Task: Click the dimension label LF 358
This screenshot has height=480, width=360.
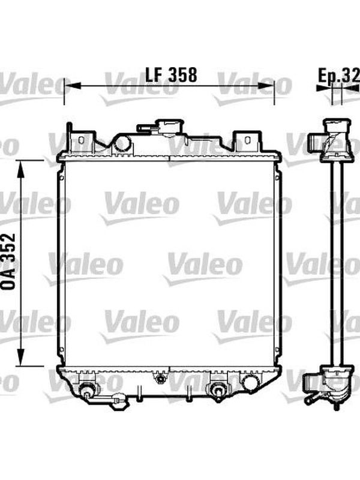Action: (x=171, y=75)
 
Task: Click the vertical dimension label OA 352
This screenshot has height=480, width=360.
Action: (x=8, y=262)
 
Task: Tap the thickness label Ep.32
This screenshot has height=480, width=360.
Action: (x=339, y=75)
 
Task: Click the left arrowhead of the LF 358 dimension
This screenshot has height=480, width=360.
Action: (x=72, y=86)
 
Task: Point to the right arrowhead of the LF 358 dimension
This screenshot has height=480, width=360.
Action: (x=266, y=86)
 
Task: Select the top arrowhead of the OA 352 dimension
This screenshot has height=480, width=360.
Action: (x=20, y=169)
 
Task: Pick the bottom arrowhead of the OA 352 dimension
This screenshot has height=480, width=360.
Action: (x=20, y=357)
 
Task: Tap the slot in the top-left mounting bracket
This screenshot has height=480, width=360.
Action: (x=80, y=140)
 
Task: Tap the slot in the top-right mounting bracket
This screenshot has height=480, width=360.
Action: (x=247, y=140)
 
